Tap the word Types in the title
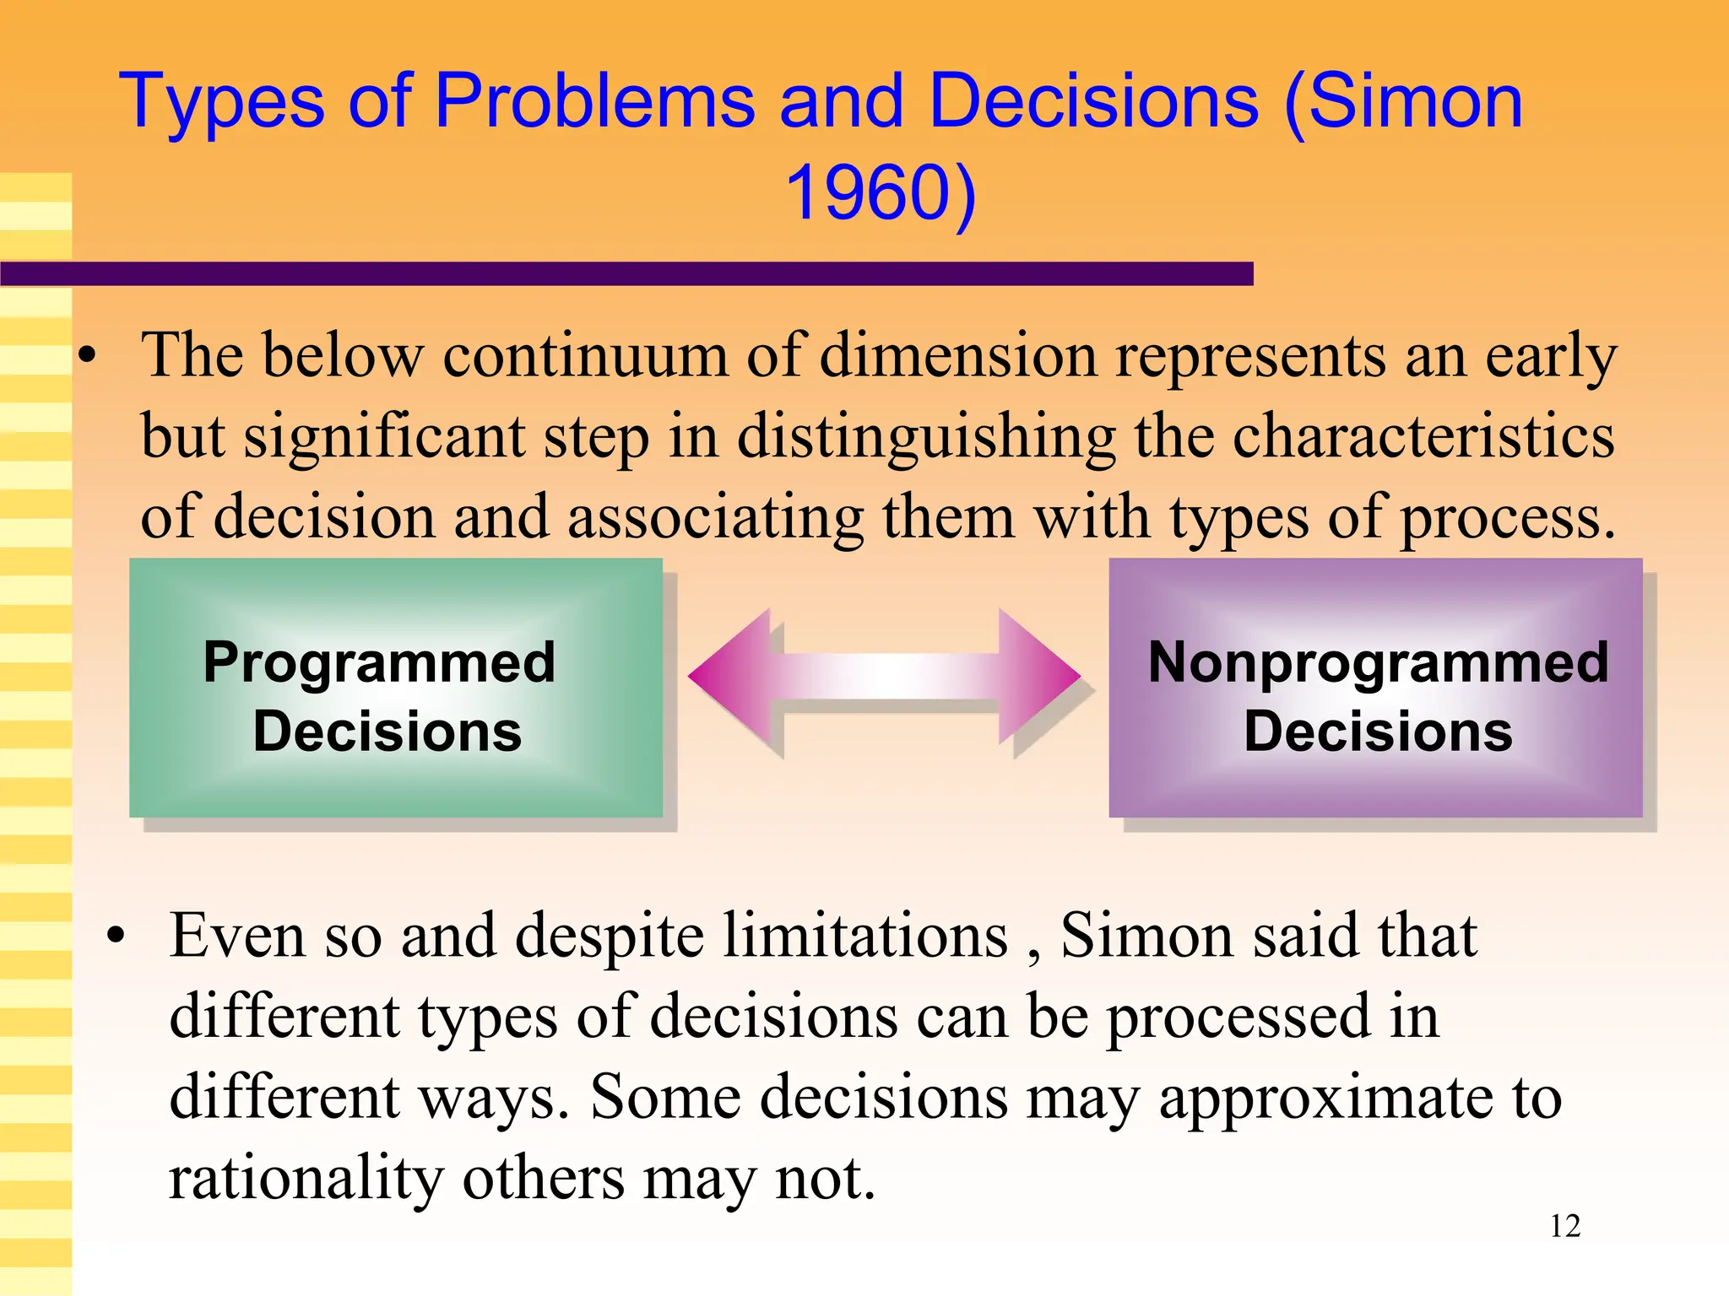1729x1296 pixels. (222, 103)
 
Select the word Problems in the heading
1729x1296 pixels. (594, 101)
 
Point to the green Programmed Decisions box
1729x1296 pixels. (395, 688)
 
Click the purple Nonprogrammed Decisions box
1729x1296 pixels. (1375, 688)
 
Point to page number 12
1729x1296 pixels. (1564, 1226)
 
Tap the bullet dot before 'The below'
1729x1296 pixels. (88, 358)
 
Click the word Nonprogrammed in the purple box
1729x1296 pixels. (1378, 662)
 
